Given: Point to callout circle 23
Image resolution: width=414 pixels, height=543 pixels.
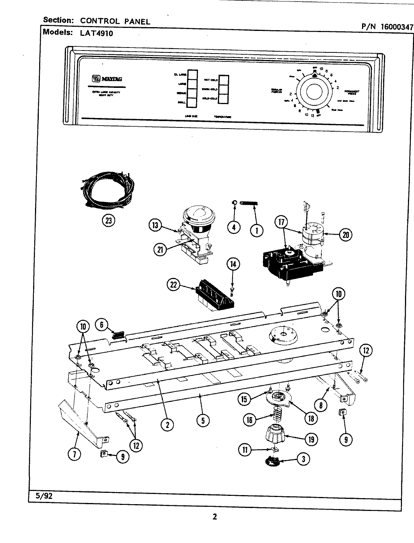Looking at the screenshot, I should [x=108, y=221].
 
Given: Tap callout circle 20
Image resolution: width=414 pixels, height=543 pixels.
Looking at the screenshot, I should [x=345, y=234].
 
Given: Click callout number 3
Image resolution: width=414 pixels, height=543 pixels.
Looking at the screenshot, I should [x=303, y=459].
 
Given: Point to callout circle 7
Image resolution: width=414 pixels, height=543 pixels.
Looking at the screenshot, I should [x=75, y=454].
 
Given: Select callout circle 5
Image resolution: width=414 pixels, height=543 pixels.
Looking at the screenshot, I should [x=203, y=420].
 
